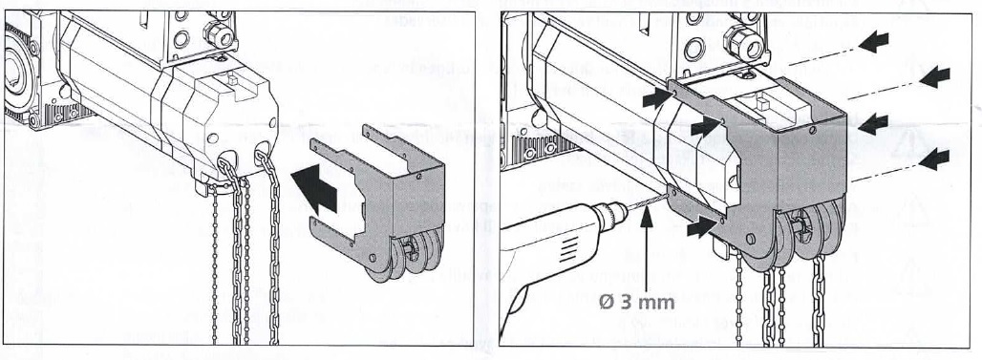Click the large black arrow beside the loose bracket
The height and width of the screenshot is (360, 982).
point(315,191)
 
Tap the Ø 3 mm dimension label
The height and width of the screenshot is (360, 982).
point(636,302)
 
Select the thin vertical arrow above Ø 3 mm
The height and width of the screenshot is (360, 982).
point(649,250)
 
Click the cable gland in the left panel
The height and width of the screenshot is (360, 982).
point(219,33)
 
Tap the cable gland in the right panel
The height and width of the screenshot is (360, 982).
point(744,43)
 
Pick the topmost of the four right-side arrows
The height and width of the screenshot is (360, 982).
point(874,42)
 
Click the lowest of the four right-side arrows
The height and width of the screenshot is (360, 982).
point(934,159)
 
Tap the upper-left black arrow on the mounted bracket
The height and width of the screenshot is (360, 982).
point(657,97)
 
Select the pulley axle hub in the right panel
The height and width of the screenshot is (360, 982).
point(801,223)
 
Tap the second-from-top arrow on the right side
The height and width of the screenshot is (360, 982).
point(935,76)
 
